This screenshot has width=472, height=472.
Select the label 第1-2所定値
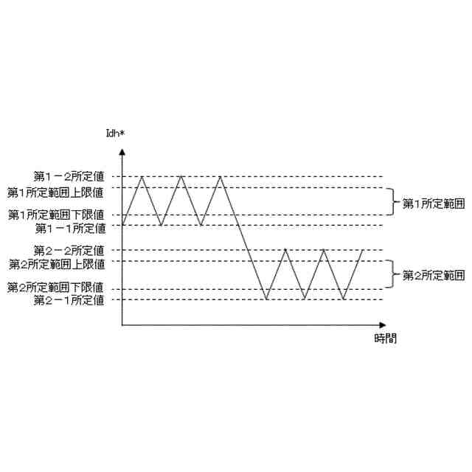pyautogui.click(x=69, y=176)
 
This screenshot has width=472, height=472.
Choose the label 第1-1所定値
pyautogui.click(x=69, y=227)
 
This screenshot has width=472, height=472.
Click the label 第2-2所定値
pyautogui.click(x=69, y=251)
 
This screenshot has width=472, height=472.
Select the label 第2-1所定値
pyautogui.click(x=69, y=299)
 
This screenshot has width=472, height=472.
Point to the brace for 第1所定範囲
pyautogui.click(x=393, y=202)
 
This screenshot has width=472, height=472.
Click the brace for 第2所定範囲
pyautogui.click(x=393, y=275)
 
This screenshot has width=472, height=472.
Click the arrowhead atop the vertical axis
pyautogui.click(x=122, y=151)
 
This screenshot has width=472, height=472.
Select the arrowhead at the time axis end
pyautogui.click(x=382, y=324)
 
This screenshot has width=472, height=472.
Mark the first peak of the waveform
pyautogui.click(x=142, y=176)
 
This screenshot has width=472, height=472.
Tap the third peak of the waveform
pyautogui.click(x=221, y=176)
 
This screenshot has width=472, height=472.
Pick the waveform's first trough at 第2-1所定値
pyautogui.click(x=266, y=299)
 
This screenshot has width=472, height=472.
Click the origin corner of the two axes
pyautogui.click(x=122, y=324)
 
